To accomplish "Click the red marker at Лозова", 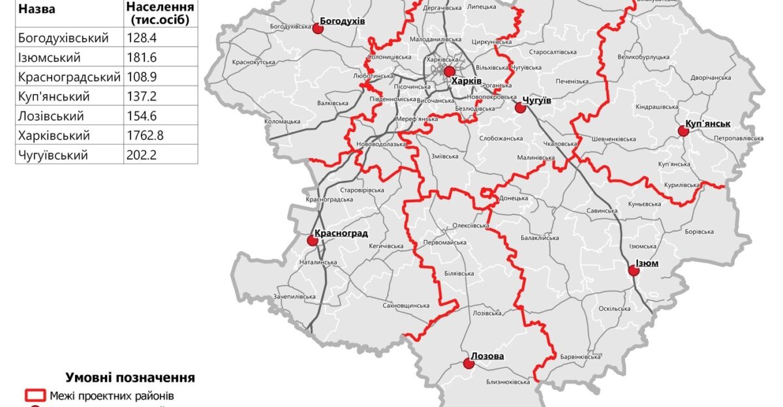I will point(467,365).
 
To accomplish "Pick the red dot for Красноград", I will point(313,240).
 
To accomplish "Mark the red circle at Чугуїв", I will point(520,108).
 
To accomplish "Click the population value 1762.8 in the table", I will point(145,136).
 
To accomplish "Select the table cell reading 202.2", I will point(142,155).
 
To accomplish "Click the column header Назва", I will point(37,10).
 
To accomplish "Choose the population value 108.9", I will point(142,77).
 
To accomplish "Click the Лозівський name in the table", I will point(52,116).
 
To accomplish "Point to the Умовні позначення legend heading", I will point(130,378).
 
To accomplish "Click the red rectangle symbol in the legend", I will point(35,395).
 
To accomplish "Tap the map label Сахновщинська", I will point(406,305).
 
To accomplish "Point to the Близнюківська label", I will point(508,382).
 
